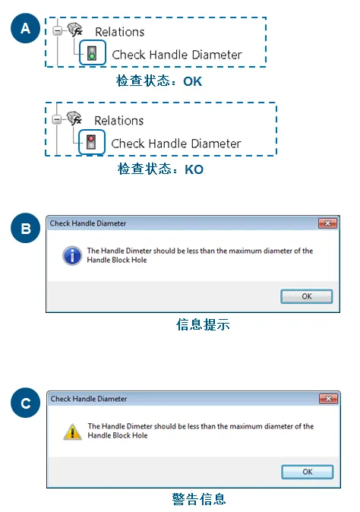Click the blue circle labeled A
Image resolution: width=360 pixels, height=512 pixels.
(x=25, y=29)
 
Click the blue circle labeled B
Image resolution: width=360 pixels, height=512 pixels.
(x=25, y=228)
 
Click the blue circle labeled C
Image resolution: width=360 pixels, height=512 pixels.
(x=25, y=403)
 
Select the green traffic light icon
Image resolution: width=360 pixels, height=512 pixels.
(x=92, y=54)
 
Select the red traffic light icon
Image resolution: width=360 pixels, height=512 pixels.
(x=92, y=142)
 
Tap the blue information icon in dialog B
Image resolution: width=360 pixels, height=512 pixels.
(x=72, y=255)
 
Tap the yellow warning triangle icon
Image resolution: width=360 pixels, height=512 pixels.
(x=72, y=431)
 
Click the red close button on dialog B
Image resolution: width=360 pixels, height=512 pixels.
(x=327, y=223)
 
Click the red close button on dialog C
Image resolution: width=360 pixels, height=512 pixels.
(x=328, y=399)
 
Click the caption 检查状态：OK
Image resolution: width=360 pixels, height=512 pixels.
(x=159, y=81)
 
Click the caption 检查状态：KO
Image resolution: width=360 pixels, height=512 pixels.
(x=160, y=169)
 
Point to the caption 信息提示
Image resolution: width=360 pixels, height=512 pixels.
(x=202, y=324)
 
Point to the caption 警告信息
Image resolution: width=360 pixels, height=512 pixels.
(x=198, y=499)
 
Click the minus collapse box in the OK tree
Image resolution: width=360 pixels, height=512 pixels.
(x=58, y=31)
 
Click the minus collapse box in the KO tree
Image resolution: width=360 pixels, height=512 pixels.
(x=57, y=119)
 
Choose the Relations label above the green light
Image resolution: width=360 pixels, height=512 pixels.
(x=119, y=32)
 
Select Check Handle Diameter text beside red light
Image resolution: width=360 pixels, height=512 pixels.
(x=176, y=144)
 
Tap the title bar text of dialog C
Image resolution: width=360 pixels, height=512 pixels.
(x=89, y=399)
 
